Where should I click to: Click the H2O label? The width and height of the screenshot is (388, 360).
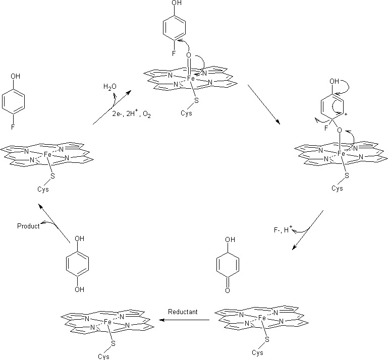110,87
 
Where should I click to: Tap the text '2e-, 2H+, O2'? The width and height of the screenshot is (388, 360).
131,115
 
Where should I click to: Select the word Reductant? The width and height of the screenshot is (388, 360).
183,312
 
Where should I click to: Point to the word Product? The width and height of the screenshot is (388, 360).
28,226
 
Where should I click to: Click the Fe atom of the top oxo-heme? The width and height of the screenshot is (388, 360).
191,79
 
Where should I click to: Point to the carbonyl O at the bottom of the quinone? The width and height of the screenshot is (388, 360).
228,290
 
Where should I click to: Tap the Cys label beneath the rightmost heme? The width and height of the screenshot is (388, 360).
338,188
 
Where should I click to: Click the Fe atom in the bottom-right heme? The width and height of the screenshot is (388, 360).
261,318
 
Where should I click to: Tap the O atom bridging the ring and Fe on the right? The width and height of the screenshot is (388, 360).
340,131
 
